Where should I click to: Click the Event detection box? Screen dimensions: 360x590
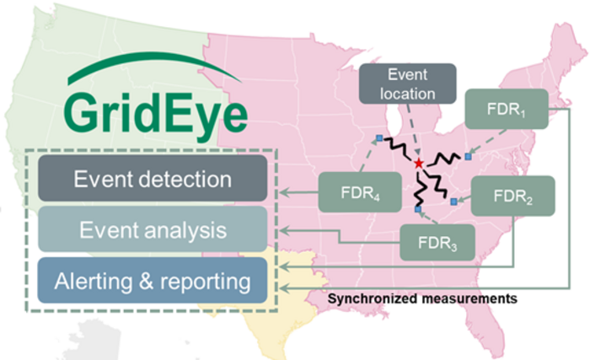pos(152,179)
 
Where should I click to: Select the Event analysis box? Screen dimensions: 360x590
pos(152,229)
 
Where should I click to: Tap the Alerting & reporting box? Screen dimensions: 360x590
pos(152,281)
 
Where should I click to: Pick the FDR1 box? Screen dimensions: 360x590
pos(506,110)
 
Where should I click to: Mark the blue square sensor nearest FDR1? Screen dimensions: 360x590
pos(467,157)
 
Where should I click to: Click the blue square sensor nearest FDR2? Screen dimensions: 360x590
pos(453,201)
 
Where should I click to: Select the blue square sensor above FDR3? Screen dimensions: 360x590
pos(417,208)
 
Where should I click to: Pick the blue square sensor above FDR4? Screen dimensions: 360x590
pos(379,137)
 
